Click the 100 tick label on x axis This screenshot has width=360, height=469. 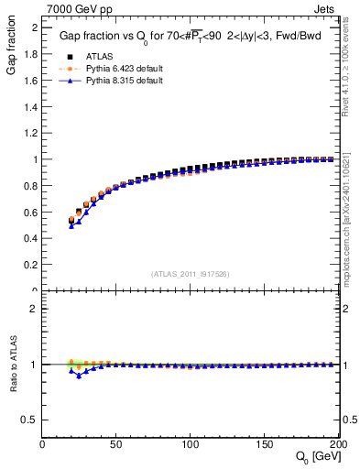point(191,444)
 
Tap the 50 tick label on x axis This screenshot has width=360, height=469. point(116,444)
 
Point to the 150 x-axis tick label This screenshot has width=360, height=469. point(265,444)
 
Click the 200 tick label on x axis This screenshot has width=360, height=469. point(337,444)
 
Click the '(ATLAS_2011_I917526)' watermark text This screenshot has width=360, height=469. point(191,273)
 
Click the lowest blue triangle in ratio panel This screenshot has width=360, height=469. point(79,376)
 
